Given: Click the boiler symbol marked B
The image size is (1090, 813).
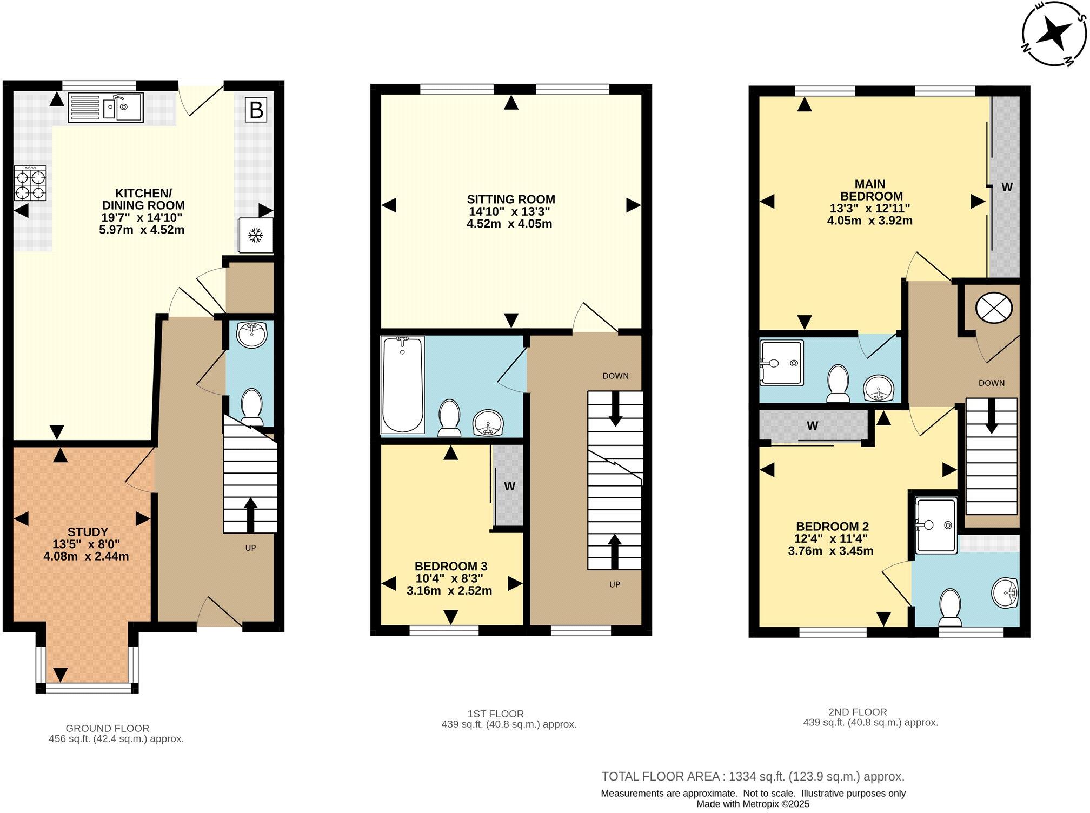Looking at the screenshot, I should coord(256,110).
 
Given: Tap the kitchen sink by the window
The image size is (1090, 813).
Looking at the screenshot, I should coord(106,107).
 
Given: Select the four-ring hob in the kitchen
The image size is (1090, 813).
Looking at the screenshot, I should coord(30,184).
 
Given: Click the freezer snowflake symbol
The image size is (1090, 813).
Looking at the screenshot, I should coord(255,235).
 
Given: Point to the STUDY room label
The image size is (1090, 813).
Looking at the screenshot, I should coord(88,532).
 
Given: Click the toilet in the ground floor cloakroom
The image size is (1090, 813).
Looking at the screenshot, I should coord(251,407).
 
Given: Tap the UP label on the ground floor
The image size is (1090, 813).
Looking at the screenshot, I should coord(250,548).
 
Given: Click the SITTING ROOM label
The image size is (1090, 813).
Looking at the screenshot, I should coord(511,199).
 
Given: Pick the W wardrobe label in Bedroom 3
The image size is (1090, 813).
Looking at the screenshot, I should coord(509,486).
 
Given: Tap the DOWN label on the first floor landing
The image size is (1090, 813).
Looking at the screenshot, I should coord(615,376).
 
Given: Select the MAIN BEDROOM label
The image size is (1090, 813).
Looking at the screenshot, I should coord(870,190).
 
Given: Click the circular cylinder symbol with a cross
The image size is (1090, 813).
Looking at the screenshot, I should coord(994,308).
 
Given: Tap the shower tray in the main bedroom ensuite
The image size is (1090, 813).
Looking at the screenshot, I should coord(781,362).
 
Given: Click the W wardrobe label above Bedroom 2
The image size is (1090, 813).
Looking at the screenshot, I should coord(812,425).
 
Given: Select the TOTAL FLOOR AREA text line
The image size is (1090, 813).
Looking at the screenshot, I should coord(753,777).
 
